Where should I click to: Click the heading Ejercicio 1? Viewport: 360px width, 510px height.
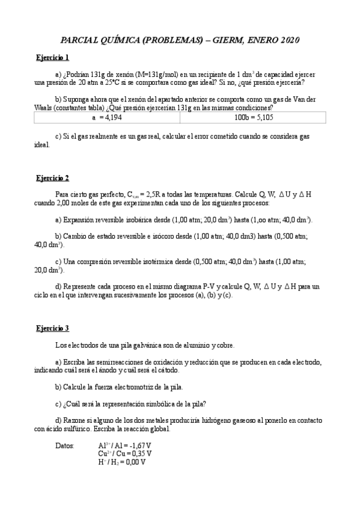(52, 58)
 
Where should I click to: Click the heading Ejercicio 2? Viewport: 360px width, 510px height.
(52, 178)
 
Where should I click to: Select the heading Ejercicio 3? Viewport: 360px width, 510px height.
(52, 328)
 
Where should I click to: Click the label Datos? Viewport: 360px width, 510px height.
(65, 446)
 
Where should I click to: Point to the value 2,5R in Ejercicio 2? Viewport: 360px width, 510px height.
(156, 195)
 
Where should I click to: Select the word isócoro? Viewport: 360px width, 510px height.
(162, 237)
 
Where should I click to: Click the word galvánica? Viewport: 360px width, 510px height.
(143, 345)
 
